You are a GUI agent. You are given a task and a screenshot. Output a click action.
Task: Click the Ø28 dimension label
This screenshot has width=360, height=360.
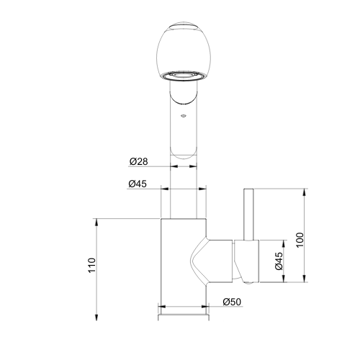pyautogui.click(x=138, y=161)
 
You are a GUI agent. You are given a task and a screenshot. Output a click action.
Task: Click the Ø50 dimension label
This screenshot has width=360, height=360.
pyautogui.click(x=232, y=302)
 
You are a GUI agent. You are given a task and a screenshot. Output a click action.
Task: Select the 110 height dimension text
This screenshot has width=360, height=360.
pyautogui.click(x=92, y=265)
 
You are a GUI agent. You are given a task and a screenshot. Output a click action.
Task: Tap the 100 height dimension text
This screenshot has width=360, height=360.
pyautogui.click(x=300, y=240)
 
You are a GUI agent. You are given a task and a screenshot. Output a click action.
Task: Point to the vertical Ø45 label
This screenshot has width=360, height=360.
pyautogui.click(x=279, y=261)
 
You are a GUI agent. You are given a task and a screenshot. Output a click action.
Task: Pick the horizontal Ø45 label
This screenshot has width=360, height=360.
pyautogui.click(x=138, y=184)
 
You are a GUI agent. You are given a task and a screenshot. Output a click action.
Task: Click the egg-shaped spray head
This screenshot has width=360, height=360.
pyautogui.click(x=184, y=52)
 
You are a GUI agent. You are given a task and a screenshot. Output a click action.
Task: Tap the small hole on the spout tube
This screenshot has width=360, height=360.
pyautogui.click(x=184, y=116)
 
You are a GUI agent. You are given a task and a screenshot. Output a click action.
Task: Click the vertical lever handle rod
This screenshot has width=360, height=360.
pyautogui.click(x=248, y=214)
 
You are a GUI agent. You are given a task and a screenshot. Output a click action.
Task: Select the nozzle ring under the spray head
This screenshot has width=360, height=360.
pyautogui.click(x=184, y=76)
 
